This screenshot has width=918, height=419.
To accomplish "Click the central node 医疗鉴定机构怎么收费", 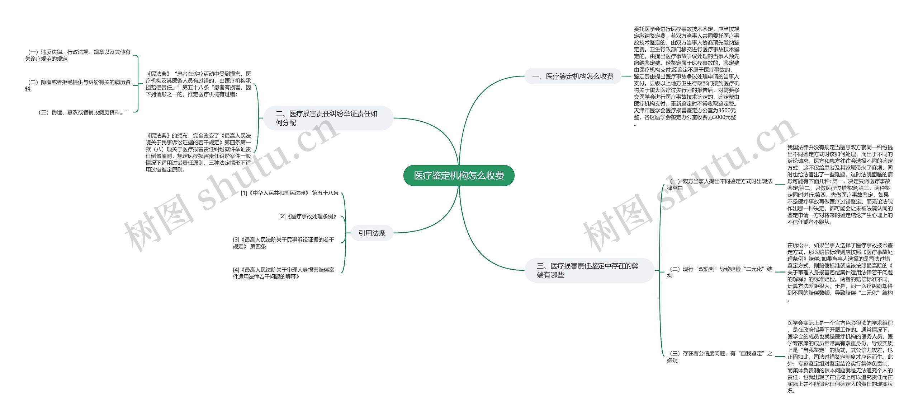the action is pyautogui.click(x=459, y=176).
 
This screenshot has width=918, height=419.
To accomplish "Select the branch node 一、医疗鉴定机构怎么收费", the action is pyautogui.click(x=573, y=76).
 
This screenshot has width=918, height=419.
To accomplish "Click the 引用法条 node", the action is pyautogui.click(x=372, y=233).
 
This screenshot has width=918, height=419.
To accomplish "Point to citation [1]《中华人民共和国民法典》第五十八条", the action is pyautogui.click(x=290, y=193).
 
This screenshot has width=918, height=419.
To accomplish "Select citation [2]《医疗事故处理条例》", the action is pyautogui.click(x=308, y=217).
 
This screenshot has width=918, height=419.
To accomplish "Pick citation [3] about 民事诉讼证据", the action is pyautogui.click(x=284, y=243).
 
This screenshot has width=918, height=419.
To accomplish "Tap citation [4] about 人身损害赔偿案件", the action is pyautogui.click(x=284, y=273).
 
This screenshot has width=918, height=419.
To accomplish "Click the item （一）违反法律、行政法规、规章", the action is pyautogui.click(x=78, y=56).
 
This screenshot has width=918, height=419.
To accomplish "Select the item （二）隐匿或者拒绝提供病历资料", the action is pyautogui.click(x=78, y=85).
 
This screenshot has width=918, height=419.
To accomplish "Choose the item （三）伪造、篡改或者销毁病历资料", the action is pyautogui.click(x=83, y=112).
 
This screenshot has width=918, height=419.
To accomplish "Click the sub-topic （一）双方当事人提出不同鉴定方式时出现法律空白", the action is pyautogui.click(x=719, y=185).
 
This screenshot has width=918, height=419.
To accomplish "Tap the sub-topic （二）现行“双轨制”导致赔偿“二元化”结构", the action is pyautogui.click(x=719, y=273).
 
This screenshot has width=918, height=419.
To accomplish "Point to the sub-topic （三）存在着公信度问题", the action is pyautogui.click(x=719, y=357).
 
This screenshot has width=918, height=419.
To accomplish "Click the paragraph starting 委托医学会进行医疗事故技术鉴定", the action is pyautogui.click(x=686, y=76).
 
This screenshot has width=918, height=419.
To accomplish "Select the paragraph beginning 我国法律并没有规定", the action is pyautogui.click(x=840, y=185).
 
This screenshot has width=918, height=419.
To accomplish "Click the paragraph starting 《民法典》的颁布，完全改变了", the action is pyautogui.click(x=198, y=153).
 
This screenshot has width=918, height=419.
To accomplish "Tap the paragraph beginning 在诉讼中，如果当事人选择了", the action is pyautogui.click(x=840, y=273).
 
